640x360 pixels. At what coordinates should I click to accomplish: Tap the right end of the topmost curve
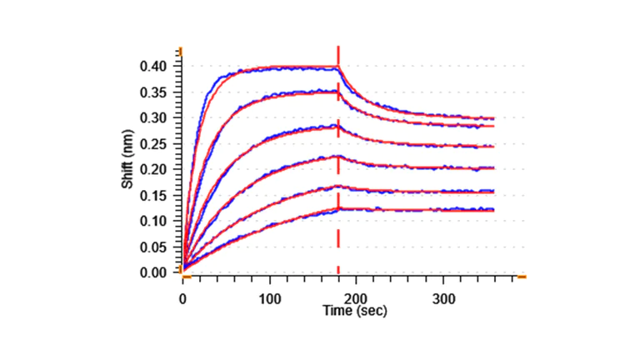tap(493, 118)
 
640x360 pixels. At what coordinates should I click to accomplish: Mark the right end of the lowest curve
tap(493, 210)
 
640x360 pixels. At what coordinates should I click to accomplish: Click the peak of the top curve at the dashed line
tap(338, 67)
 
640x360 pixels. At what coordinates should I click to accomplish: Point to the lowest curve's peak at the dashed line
tap(338, 208)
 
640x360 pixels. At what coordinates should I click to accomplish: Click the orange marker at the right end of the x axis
tap(521, 276)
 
